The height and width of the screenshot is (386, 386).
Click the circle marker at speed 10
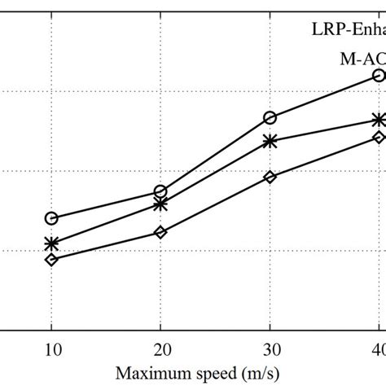tap(51, 218)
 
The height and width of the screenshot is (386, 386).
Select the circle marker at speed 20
tap(160, 191)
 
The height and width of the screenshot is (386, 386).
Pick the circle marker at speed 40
tap(379, 75)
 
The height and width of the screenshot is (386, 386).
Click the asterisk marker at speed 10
tap(51, 243)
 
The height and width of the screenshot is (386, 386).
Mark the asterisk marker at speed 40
tap(379, 120)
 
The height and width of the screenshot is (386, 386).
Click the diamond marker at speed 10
tap(51, 260)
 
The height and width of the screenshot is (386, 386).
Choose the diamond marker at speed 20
tap(160, 232)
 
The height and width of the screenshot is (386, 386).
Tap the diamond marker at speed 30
tap(270, 176)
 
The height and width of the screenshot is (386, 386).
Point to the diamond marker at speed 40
tap(379, 137)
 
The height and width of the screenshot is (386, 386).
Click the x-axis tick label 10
tap(51, 350)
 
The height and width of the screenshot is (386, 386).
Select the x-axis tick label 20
tap(160, 350)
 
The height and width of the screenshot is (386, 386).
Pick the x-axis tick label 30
tap(270, 350)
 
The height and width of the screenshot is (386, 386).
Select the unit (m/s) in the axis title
tap(262, 375)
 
